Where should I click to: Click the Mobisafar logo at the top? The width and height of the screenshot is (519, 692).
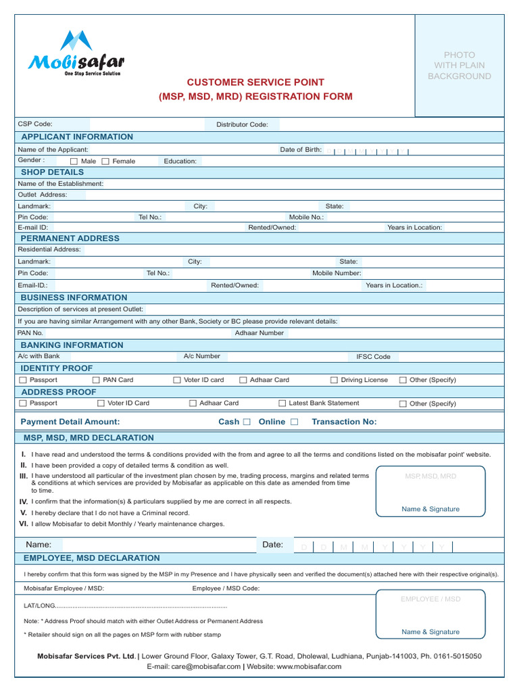(76, 53)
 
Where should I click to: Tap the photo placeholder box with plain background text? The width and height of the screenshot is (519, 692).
(459, 66)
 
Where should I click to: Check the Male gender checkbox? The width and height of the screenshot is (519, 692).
(74, 162)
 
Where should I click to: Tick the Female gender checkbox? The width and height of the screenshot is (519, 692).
(105, 162)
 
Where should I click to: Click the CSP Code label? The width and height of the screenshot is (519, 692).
(35, 124)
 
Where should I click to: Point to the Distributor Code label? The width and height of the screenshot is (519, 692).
(242, 124)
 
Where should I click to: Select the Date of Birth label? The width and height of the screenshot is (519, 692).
(301, 149)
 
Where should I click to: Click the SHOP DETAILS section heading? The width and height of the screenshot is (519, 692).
(53, 172)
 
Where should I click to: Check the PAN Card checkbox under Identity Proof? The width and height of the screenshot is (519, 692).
(96, 380)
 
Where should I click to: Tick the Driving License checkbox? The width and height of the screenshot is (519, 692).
(334, 380)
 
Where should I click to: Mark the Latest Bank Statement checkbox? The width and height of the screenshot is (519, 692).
(282, 403)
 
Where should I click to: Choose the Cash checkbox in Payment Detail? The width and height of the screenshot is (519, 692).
(247, 422)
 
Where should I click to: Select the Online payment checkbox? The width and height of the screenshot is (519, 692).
(294, 422)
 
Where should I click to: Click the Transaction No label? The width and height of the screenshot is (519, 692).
(344, 422)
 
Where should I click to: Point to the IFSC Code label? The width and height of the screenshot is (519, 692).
(373, 357)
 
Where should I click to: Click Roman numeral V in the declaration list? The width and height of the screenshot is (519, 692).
(24, 513)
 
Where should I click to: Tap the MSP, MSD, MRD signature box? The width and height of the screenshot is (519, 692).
(430, 491)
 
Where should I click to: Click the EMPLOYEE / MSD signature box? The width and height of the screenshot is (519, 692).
(430, 614)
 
